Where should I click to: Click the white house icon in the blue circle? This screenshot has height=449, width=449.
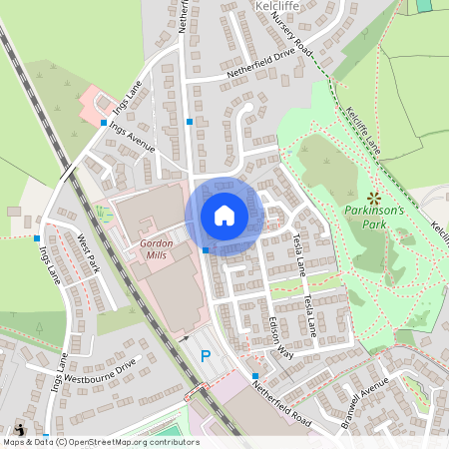(x=224, y=216)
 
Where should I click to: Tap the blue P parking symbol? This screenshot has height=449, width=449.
(x=207, y=355)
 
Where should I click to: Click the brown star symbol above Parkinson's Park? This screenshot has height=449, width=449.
(x=374, y=196)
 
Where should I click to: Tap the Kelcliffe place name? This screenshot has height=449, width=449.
(x=278, y=5)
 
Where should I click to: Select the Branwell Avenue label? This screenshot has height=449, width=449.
(x=363, y=399)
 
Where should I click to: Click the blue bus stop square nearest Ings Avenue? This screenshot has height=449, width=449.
(x=104, y=123)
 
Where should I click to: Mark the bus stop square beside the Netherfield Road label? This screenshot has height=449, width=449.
(x=255, y=375)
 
